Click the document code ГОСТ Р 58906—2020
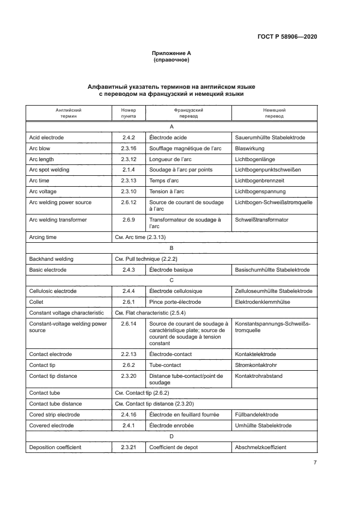point(288,36)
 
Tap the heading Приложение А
point(171,53)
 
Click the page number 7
point(315,462)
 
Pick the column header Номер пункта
point(129,113)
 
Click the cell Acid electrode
point(46,137)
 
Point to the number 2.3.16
point(129,148)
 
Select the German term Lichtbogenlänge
point(254,159)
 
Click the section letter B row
point(171,247)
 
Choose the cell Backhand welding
point(51,259)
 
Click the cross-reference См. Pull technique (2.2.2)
point(145,259)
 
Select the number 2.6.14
point(129,323)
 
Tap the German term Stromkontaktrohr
point(257,365)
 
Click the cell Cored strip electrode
point(54,414)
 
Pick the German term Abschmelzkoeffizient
point(260,447)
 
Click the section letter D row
point(171,436)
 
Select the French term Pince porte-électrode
point(175,302)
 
